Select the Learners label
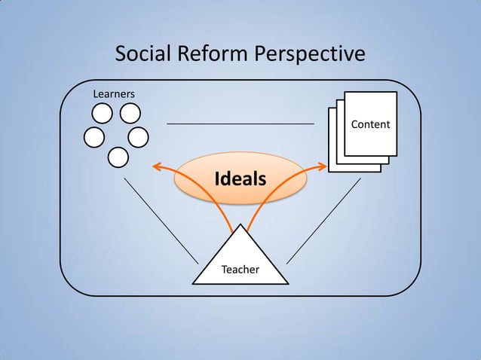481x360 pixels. pos(113,94)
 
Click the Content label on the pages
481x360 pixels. pos(370,124)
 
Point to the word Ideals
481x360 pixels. pos(240,179)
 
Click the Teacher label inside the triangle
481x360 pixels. pos(240,269)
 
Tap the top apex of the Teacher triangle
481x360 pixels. pos(240,225)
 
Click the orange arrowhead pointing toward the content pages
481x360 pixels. pos(323,166)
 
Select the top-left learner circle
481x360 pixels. pos(103,114)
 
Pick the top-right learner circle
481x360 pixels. pos(130,114)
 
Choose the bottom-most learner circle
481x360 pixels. pos(118,157)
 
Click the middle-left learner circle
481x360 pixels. pos(94,137)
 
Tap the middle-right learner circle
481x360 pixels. pos(139,137)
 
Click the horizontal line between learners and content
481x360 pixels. pos(240,123)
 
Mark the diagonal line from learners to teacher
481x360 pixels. pos(161,220)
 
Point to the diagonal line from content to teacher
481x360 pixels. pos(323,220)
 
